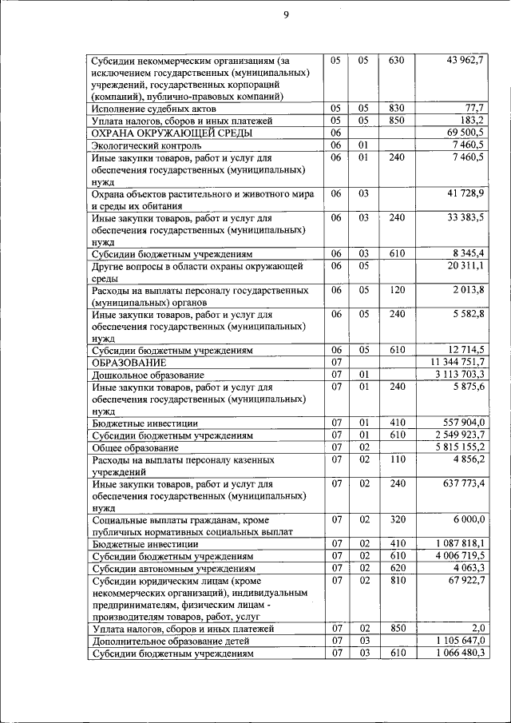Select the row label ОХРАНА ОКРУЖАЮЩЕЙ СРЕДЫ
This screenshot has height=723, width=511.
tap(160, 133)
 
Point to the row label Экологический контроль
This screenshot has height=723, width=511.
tap(146, 145)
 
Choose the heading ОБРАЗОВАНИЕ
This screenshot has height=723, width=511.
tap(133, 362)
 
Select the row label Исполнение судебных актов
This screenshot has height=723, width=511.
tap(154, 108)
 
